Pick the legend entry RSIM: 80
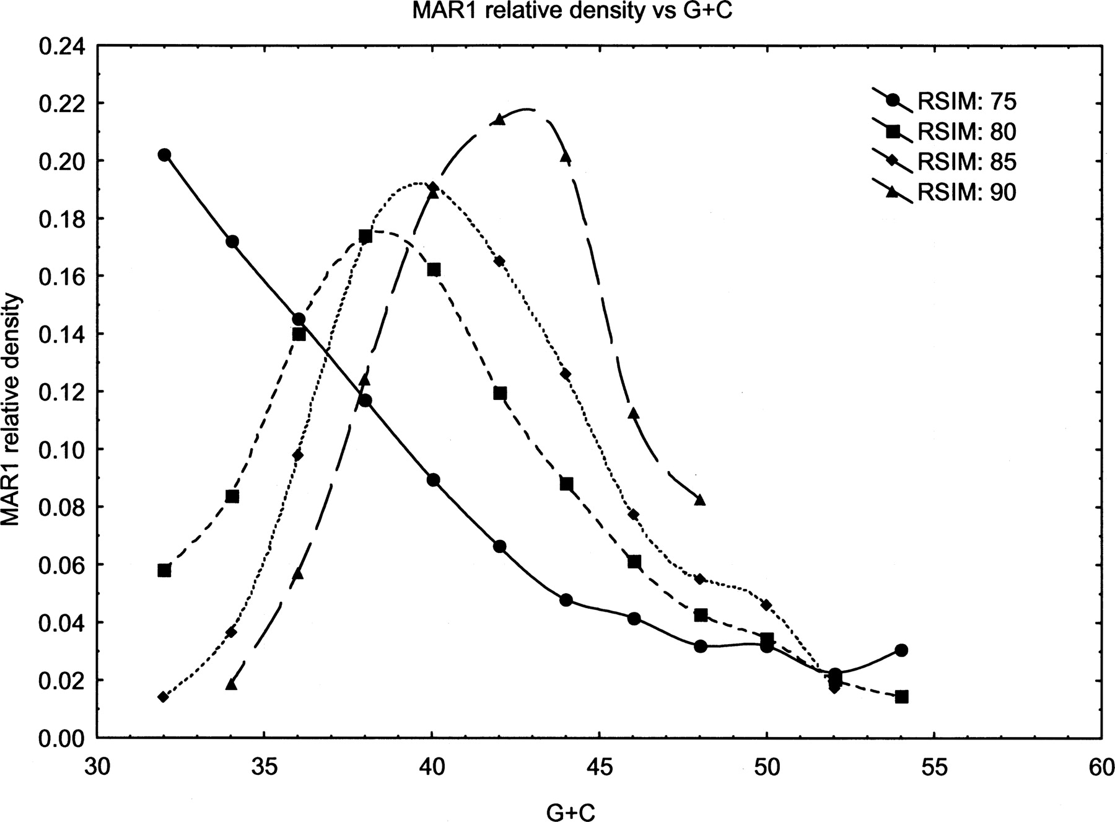tap(967, 131)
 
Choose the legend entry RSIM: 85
tap(967, 162)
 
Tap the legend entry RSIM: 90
tap(967, 193)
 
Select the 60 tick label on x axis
tap(1101, 767)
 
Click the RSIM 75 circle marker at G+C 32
tap(164, 155)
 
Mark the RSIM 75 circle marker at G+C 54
tap(901, 650)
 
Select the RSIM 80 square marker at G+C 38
tap(365, 236)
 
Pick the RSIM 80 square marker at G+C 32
tap(164, 570)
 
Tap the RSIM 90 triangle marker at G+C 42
tap(500, 120)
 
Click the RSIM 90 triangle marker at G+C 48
tap(700, 500)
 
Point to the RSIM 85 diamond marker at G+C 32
tap(164, 697)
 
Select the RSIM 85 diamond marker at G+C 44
tap(566, 374)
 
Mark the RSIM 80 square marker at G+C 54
tap(902, 697)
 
